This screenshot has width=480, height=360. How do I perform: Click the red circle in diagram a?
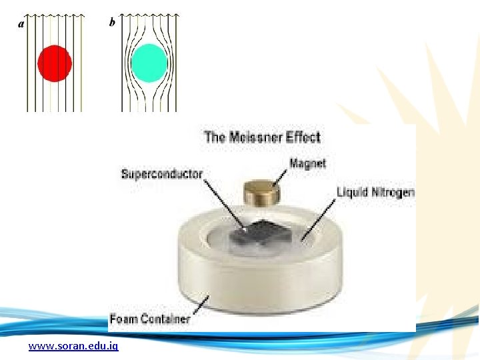[x=55, y=63]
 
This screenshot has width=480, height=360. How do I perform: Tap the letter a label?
[x=21, y=23]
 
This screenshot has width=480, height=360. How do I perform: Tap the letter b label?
[x=112, y=23]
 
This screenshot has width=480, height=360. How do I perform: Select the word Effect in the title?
[x=303, y=137]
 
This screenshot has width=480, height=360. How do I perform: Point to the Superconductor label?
[x=161, y=174]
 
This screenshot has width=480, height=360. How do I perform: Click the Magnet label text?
[x=308, y=163]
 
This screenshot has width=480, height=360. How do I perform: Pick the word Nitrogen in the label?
[x=393, y=193]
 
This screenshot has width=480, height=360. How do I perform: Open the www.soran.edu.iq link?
[x=73, y=347]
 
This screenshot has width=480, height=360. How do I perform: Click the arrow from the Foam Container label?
[x=200, y=305]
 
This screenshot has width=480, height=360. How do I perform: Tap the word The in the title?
[x=215, y=137]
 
